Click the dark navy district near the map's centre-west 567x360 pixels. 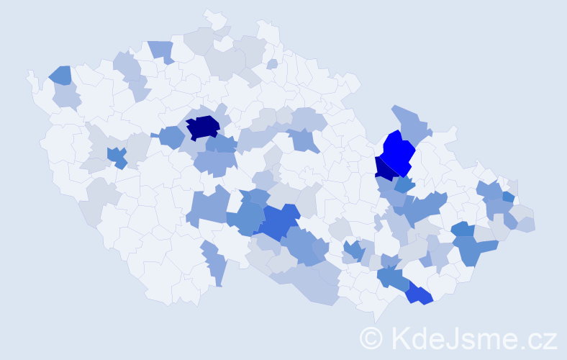[x=203, y=127]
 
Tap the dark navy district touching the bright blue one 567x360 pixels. [x=384, y=169]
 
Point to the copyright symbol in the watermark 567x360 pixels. [x=372, y=338]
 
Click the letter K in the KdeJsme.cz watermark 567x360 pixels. [x=400, y=338]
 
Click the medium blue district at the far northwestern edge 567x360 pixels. [x=60, y=75]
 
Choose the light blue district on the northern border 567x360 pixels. [x=162, y=50]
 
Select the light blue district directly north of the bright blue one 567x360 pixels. [x=410, y=120]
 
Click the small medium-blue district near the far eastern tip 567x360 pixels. [x=508, y=197]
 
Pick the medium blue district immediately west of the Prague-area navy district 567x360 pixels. [x=171, y=136]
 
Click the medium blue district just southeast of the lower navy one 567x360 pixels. [x=404, y=184]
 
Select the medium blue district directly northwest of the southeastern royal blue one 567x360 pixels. [x=392, y=278]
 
